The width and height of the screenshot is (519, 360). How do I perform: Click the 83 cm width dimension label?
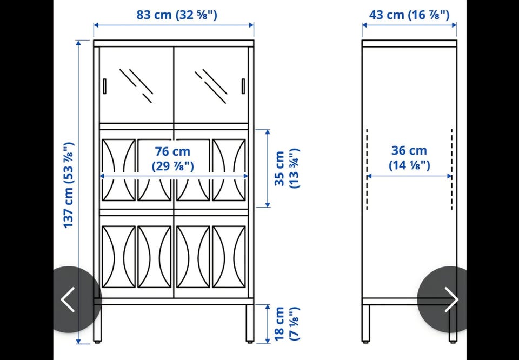click(177, 15)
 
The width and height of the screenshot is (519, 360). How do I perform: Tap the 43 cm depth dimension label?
click(409, 15)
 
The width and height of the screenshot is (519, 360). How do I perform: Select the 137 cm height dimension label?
click(69, 185)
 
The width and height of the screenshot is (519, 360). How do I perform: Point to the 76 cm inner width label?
click(173, 159)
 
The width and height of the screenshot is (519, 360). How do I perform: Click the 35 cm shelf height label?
click(287, 169)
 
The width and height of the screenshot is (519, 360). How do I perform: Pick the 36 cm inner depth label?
click(409, 157)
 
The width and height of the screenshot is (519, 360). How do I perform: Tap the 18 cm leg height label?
click(287, 324)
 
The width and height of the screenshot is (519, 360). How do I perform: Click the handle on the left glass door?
click(104, 86)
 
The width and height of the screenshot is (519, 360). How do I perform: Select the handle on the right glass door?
click(243, 86)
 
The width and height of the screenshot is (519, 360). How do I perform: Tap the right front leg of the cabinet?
click(250, 323)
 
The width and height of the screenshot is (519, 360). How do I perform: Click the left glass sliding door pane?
click(137, 85)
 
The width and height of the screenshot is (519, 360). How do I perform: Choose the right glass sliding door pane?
click(211, 85)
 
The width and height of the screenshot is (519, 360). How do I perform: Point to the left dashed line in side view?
click(367, 169)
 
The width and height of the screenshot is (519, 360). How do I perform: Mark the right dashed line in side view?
click(452, 169)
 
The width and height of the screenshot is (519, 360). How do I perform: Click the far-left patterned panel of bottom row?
click(118, 257)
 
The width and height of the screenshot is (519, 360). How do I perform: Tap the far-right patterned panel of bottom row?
click(229, 257)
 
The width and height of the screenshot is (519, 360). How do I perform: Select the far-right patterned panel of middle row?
click(229, 170)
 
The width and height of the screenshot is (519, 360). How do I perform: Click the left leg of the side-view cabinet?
click(366, 323)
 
